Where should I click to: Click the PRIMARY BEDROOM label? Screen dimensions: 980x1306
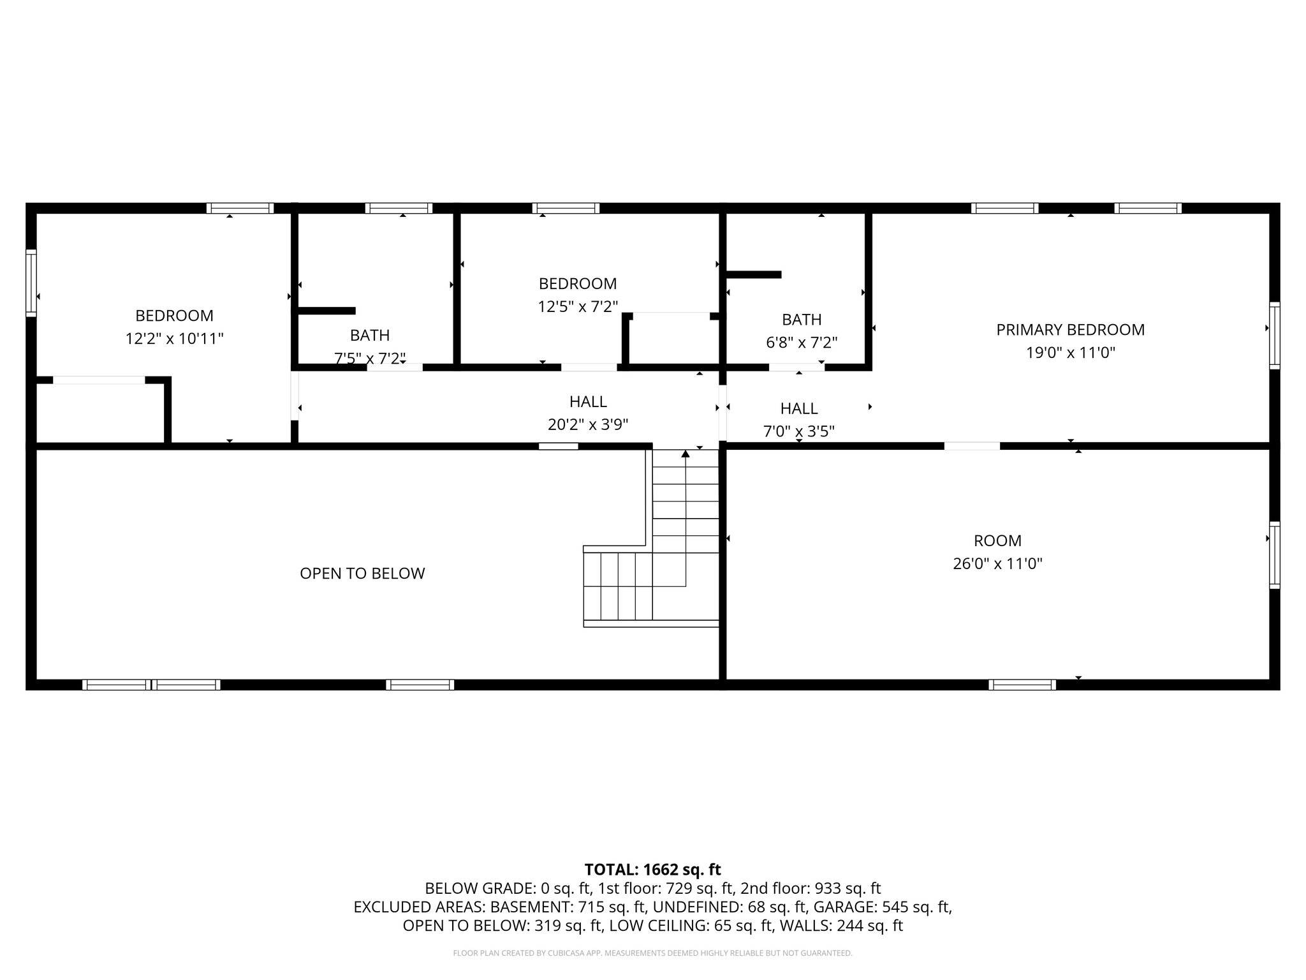click(1070, 330)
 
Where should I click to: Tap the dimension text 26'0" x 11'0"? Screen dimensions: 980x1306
click(997, 563)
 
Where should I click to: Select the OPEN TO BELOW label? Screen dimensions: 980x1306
click(362, 573)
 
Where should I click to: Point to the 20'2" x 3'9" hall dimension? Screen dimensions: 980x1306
click(588, 424)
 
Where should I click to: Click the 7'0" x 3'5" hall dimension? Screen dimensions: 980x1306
click(798, 431)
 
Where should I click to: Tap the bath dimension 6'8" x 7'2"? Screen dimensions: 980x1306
click(801, 343)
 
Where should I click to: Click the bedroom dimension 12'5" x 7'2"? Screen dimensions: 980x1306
click(578, 307)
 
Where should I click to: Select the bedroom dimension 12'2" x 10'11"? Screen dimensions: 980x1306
click(174, 338)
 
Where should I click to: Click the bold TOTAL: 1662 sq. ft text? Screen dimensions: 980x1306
click(652, 869)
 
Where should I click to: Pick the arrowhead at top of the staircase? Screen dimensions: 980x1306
click(686, 454)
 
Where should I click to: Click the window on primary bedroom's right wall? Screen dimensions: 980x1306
click(1274, 336)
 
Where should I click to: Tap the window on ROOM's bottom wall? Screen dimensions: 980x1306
click(1022, 685)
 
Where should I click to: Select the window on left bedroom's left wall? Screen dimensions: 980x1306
click(31, 283)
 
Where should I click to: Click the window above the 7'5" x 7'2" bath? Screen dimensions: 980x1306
click(399, 208)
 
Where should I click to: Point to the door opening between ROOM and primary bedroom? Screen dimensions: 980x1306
click(972, 446)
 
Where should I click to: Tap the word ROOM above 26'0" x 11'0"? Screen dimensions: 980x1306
click(997, 540)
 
